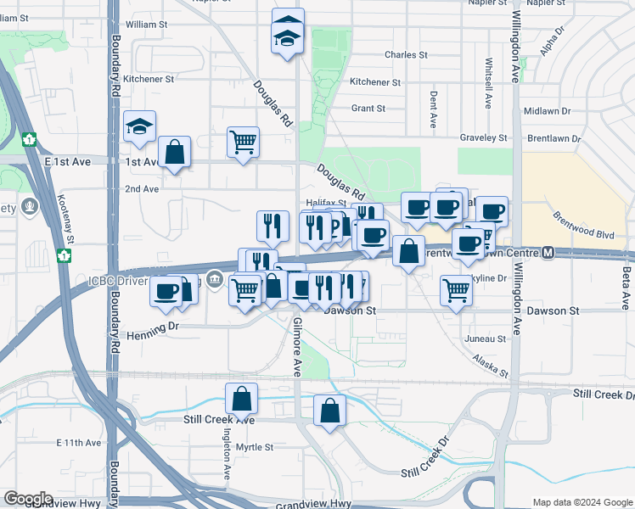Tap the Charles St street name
[x=406, y=54]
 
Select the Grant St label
[x=368, y=109]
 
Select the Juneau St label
[x=486, y=338]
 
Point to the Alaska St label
[x=491, y=366]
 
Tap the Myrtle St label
[x=255, y=447]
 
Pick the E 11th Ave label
[x=79, y=443]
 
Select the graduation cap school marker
[x=139, y=127]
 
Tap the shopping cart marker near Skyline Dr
[x=457, y=290]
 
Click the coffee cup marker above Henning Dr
[x=166, y=291]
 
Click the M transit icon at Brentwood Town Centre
[x=548, y=253]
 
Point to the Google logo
[x=28, y=499]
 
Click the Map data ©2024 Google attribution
[x=582, y=502]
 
